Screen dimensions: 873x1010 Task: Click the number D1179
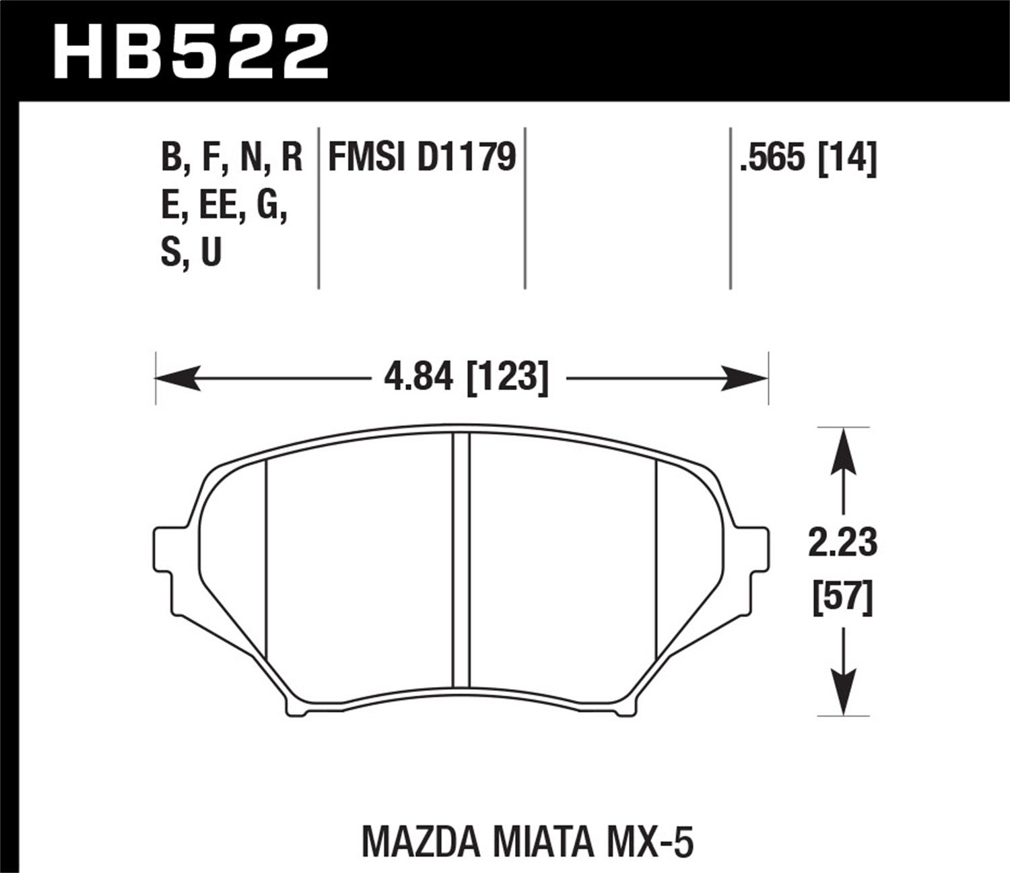pyautogui.click(x=467, y=158)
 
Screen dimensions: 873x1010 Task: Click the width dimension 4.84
pyautogui.click(x=418, y=377)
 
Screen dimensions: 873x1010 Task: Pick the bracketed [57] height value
pyautogui.click(x=843, y=597)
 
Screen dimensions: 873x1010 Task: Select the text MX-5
pyautogui.click(x=650, y=824)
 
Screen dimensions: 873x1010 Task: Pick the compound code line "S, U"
pyautogui.click(x=192, y=254)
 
